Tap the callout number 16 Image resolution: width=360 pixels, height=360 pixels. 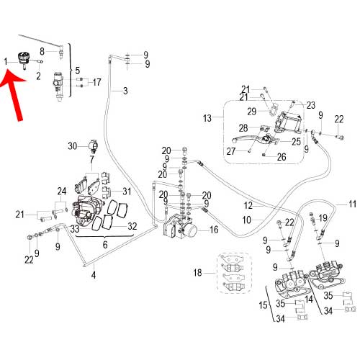coord(214,230)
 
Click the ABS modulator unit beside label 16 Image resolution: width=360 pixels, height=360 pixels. coord(180,227)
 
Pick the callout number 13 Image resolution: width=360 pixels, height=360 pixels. coord(207,118)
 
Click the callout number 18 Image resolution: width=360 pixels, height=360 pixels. coord(198,273)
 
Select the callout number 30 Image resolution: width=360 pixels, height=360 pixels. coord(73,146)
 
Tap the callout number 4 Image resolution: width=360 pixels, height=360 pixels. coord(94,275)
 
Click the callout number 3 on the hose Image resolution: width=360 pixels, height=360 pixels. coord(125,91)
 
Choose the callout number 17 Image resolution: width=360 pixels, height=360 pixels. coord(96,82)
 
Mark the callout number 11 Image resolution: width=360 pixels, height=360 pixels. coord(352,204)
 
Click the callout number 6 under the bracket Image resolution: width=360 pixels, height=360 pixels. coord(105,245)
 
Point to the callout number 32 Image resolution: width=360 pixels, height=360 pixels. coord(132,226)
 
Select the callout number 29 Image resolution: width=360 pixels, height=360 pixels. coord(252,112)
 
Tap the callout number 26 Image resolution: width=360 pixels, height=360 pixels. coord(282,157)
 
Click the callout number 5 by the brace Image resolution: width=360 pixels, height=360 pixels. coord(78,71)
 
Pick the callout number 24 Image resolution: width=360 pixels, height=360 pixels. coord(62,192)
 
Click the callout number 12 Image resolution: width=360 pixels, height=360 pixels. coord(248,205)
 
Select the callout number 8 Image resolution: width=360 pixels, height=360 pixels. coord(42,51)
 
